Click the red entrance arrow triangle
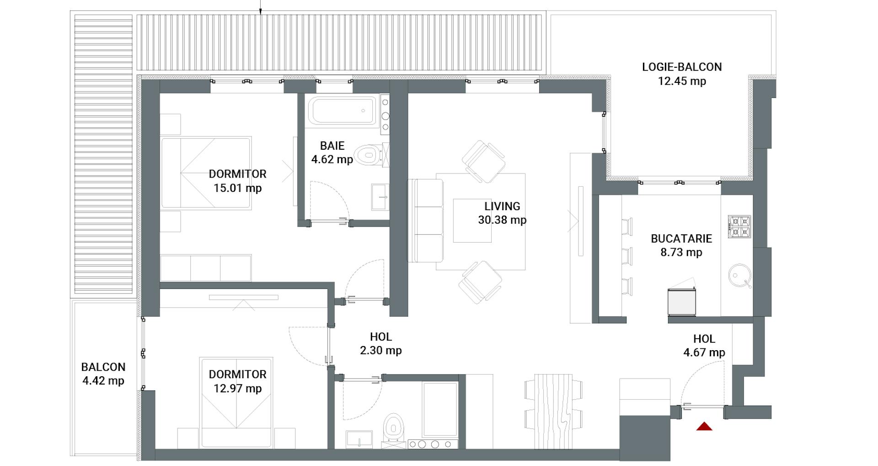point(704,427)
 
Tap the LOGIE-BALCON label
point(682,67)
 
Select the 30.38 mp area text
point(502,220)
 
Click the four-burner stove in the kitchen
point(739,227)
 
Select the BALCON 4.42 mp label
point(103,374)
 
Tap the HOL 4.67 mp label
point(704,346)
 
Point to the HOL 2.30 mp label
point(380,344)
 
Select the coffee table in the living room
point(472,220)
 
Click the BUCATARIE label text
point(681,238)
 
